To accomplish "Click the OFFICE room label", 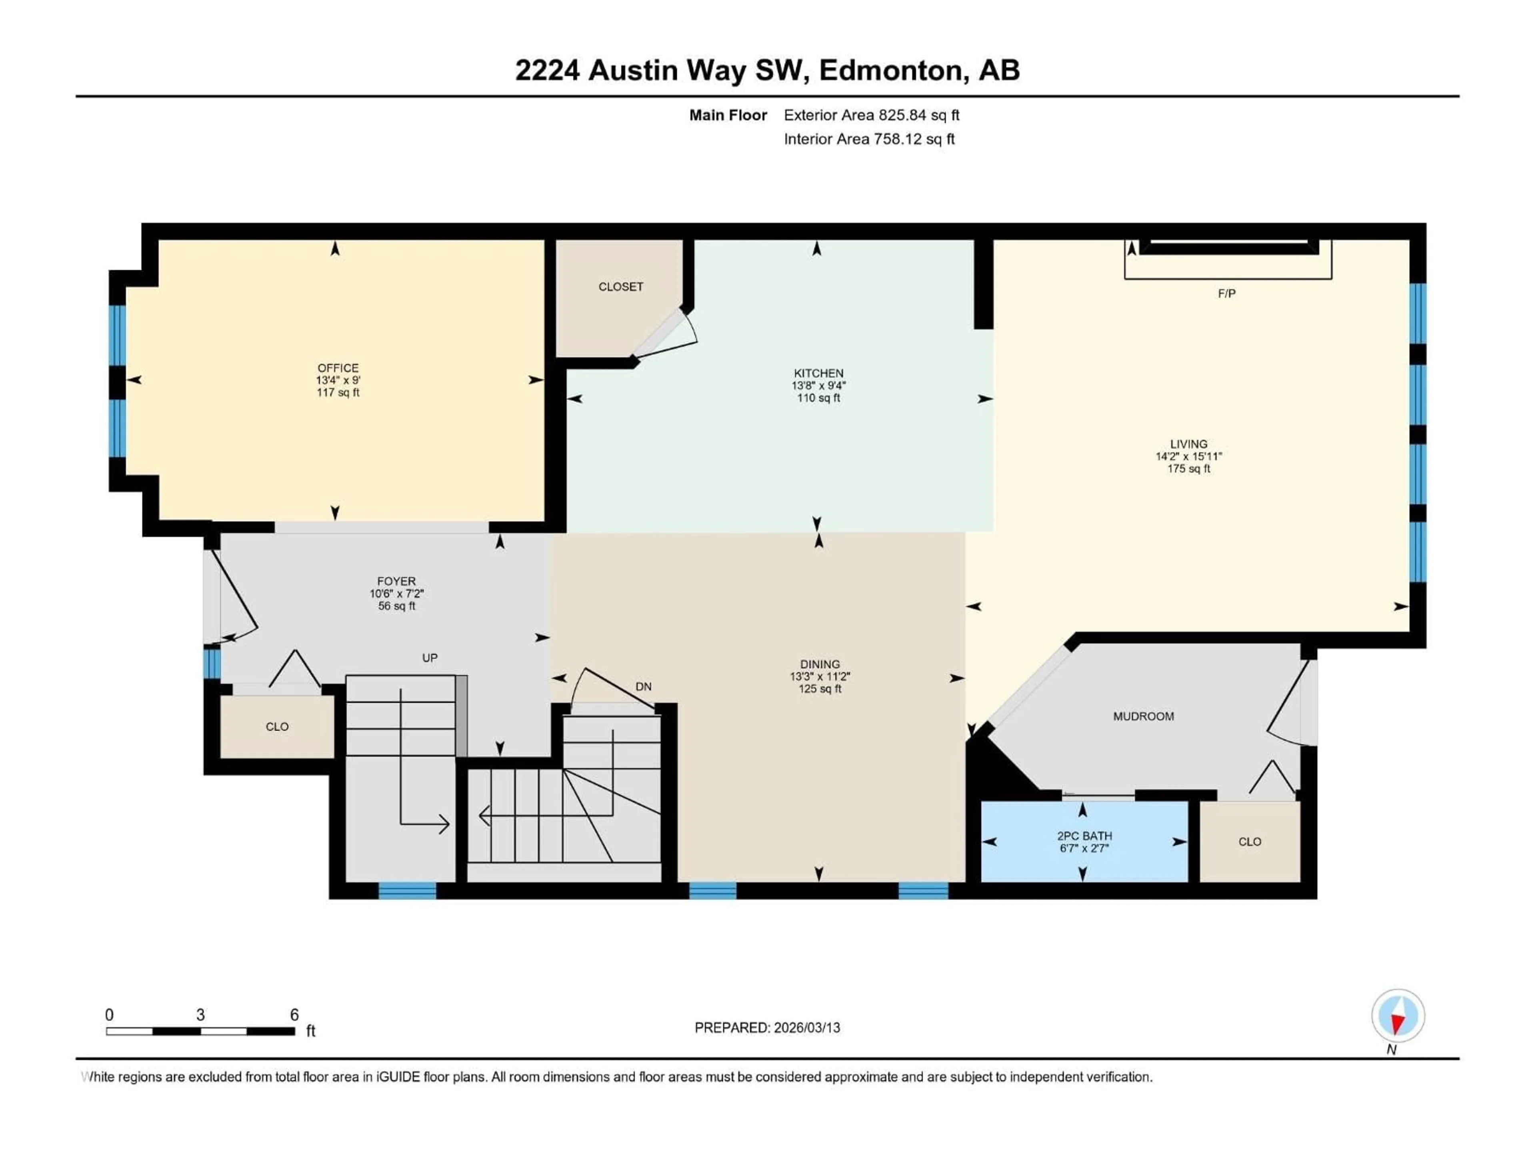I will [338, 368].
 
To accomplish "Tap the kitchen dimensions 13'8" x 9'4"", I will [819, 385].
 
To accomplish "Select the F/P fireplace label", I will [1226, 294].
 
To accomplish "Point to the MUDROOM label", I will [1143, 717].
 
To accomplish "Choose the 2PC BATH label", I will [1084, 836].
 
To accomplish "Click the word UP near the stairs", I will [430, 658].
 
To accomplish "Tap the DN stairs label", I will [643, 687].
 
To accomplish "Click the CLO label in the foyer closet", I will [277, 727].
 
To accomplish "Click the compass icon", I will [1398, 1016].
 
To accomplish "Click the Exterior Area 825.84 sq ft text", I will [872, 115].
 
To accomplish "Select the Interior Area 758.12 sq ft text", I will [869, 139].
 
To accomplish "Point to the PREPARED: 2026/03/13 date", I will [767, 1028].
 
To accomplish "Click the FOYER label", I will [396, 581].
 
